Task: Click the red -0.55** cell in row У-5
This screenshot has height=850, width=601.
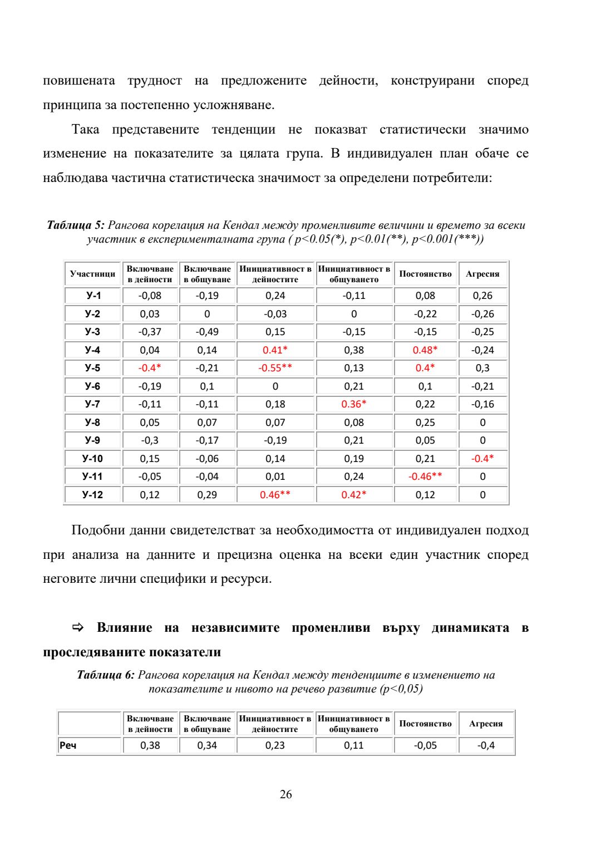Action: [275, 368]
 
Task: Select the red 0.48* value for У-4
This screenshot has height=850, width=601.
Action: [425, 350]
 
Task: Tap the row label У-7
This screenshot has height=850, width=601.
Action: [92, 404]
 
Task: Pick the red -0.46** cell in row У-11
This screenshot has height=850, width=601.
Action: [425, 476]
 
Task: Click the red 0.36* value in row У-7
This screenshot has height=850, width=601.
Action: [354, 404]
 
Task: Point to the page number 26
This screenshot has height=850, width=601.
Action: [285, 794]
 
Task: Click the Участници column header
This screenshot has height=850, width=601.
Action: [92, 274]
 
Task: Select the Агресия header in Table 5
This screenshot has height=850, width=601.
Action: [482, 274]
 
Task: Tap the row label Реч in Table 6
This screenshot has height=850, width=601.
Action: [68, 745]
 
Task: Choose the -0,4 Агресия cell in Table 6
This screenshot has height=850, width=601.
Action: [486, 745]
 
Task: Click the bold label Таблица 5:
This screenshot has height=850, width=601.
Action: [76, 225]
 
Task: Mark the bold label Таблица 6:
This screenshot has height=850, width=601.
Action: [106, 675]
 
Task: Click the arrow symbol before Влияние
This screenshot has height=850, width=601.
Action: [78, 628]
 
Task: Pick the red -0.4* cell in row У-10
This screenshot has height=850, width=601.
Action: [482, 459]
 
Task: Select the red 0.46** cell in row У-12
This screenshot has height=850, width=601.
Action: [275, 495]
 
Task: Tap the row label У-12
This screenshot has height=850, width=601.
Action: [92, 495]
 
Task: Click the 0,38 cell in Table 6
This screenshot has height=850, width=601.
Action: [150, 745]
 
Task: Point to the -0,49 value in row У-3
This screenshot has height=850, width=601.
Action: [207, 332]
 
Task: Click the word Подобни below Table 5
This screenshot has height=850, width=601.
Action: [98, 530]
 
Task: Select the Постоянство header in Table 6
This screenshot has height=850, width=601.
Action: [425, 724]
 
